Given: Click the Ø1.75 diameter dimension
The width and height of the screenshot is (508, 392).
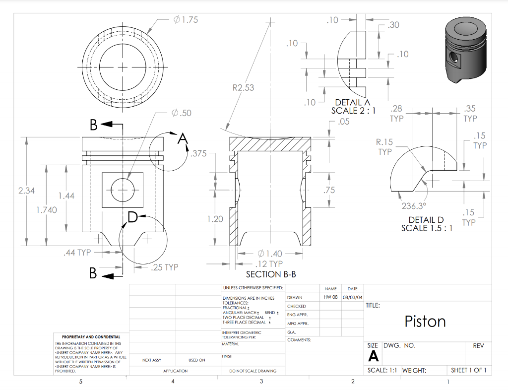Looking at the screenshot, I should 186,20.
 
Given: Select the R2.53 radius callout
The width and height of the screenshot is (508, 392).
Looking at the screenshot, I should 243,88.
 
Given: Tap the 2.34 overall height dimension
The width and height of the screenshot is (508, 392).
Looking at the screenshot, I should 27,191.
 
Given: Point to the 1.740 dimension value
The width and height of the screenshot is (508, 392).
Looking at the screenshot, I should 47,210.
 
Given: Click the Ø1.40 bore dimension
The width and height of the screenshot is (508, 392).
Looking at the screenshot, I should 270,254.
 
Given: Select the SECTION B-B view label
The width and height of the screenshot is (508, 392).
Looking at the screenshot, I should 271,274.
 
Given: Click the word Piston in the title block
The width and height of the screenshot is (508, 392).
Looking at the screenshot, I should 425,322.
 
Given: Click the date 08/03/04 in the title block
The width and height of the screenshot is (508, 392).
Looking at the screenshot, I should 352,297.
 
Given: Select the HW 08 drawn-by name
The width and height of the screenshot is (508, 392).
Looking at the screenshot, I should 330,297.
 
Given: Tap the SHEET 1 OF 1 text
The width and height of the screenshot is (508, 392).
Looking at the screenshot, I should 468,370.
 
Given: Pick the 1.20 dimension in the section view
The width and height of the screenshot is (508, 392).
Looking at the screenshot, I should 215,219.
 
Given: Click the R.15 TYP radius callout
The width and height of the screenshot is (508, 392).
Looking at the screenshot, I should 384,147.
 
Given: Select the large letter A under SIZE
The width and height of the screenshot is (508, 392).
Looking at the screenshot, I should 373,356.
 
